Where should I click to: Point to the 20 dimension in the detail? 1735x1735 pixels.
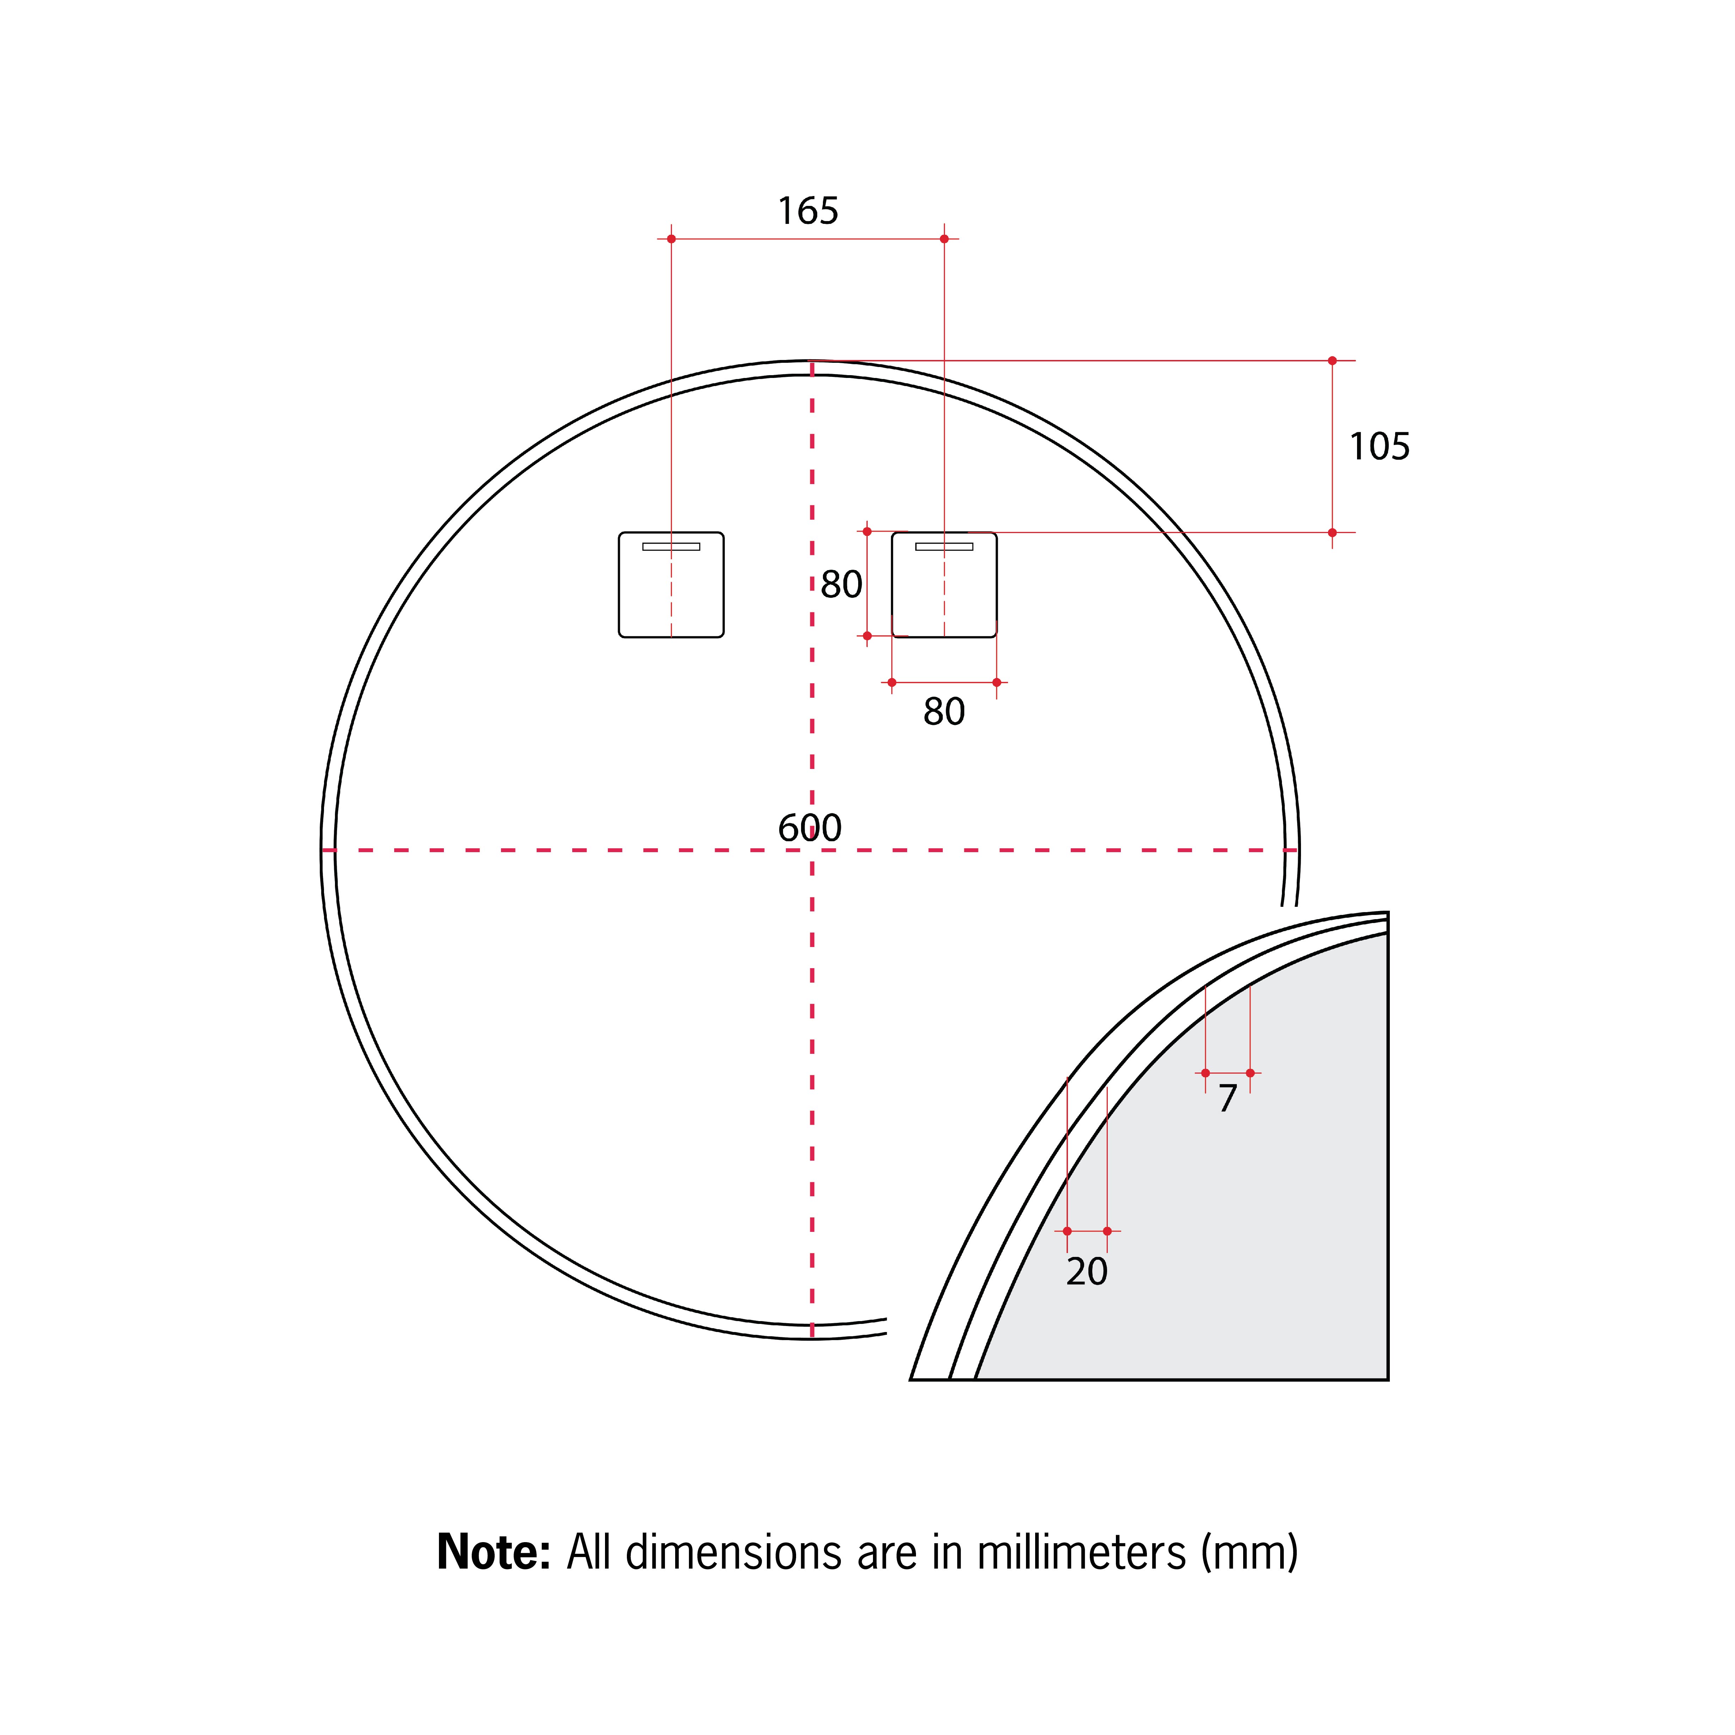tap(1087, 1271)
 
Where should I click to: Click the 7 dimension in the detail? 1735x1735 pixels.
tap(1228, 1098)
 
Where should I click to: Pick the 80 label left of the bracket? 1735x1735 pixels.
tap(842, 585)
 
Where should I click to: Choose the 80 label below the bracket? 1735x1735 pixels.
tap(944, 711)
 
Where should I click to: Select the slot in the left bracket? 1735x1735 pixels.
tap(671, 546)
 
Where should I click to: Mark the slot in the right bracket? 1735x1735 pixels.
tap(944, 546)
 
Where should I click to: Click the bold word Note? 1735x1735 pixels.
tap(493, 1552)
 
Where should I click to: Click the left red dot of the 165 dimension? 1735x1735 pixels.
tap(671, 239)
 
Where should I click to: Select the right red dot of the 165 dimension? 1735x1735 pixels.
tap(944, 239)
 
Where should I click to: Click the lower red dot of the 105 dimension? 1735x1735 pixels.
tap(1332, 532)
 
